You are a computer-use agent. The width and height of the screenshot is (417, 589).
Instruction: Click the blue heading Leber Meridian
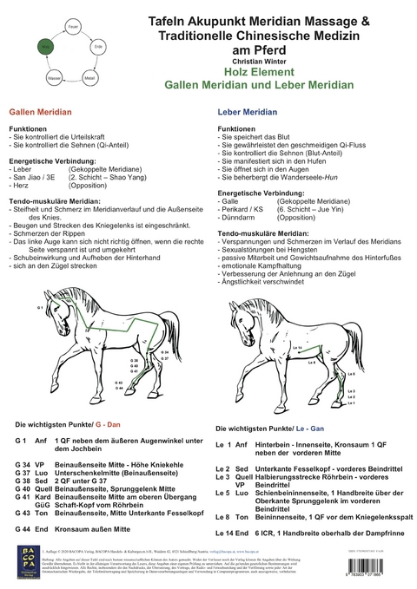[x=247, y=114]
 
